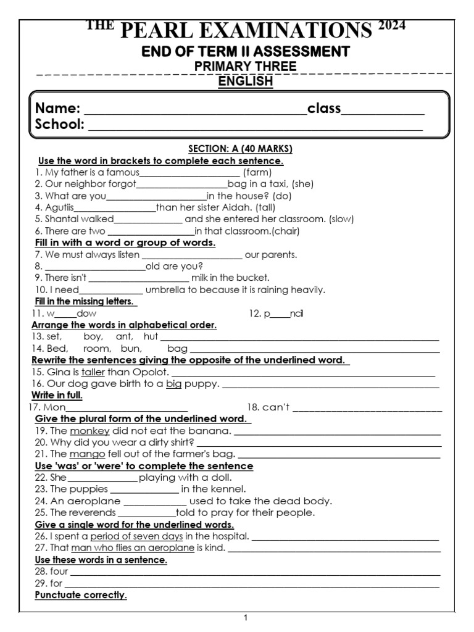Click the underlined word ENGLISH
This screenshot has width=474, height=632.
(246, 81)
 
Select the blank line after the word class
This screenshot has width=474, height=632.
(383, 111)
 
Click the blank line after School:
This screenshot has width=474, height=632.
(256, 127)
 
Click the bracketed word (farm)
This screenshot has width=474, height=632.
(257, 173)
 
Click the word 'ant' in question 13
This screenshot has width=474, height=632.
(125, 337)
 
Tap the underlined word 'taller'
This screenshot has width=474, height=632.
(93, 372)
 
